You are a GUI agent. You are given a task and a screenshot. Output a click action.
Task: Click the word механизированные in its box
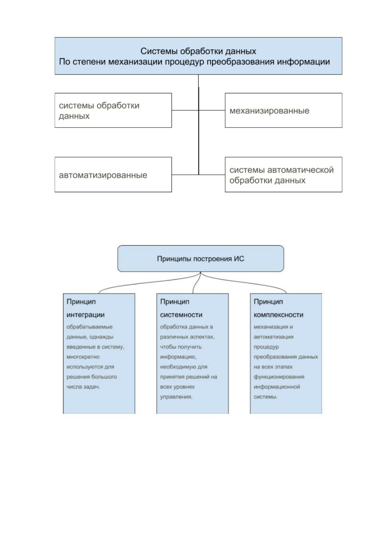(x=269, y=111)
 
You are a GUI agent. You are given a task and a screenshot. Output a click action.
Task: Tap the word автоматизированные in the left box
(x=103, y=175)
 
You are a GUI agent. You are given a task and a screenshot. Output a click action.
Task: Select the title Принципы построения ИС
(x=200, y=259)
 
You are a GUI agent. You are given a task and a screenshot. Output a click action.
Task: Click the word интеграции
(x=85, y=315)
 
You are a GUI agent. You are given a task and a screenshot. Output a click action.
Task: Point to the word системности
(x=181, y=315)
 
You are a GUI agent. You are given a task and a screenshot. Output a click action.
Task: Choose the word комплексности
(x=278, y=315)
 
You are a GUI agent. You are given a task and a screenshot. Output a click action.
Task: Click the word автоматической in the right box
(x=300, y=170)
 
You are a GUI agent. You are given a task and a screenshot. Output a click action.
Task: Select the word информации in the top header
(x=303, y=62)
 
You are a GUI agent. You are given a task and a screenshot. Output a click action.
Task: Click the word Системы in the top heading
(x=159, y=51)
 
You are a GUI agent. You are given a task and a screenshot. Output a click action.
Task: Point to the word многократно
(x=83, y=357)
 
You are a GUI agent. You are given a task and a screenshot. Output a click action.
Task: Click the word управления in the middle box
(x=176, y=397)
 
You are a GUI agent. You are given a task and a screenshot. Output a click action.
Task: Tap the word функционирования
(x=279, y=377)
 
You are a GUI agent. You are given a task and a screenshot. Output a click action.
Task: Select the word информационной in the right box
(x=277, y=387)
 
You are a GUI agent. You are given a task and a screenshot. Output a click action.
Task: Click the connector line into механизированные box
(x=212, y=110)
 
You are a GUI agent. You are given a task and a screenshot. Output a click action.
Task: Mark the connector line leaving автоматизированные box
(x=185, y=175)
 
